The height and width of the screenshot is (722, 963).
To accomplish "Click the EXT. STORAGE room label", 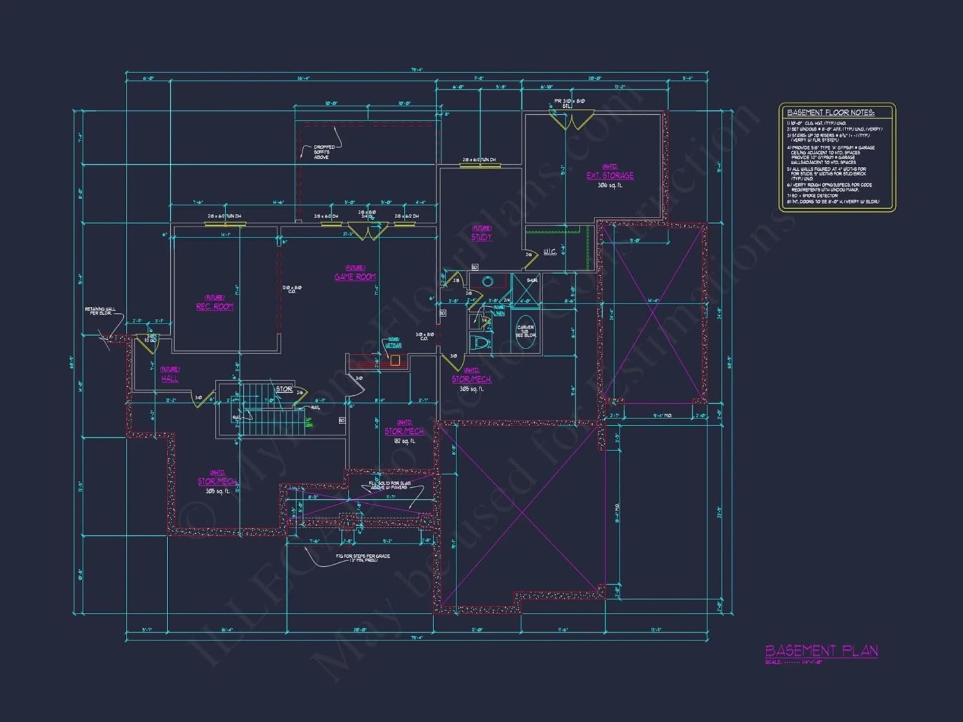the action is tap(609, 175).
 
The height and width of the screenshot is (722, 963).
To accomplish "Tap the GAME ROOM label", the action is tap(355, 277).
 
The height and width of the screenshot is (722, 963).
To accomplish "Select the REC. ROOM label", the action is tap(214, 307).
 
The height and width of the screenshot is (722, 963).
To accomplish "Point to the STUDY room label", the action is tap(481, 237).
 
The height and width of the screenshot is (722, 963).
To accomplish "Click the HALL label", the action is tap(169, 379).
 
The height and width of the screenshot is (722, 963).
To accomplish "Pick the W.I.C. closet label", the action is tap(550, 252).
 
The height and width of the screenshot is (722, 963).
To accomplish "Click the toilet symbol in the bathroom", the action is tap(481, 343).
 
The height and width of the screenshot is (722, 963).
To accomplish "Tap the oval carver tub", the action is tap(526, 332).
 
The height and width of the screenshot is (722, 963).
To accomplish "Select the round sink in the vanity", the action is tap(487, 282).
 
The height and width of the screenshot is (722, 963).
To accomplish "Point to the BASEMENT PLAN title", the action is tap(821, 651).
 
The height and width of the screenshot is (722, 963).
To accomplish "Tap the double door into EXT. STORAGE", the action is tap(571, 117).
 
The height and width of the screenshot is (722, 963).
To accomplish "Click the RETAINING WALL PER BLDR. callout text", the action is tap(100, 311).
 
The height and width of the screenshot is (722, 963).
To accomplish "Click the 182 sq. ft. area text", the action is tap(404, 441).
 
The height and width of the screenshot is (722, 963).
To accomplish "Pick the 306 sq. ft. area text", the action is tap(609, 185).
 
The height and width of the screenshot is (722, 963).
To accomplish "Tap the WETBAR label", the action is tap(393, 345).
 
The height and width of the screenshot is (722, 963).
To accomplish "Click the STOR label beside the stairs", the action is tap(284, 389).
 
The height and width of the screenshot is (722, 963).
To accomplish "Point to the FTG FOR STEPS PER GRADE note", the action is tap(363, 557).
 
